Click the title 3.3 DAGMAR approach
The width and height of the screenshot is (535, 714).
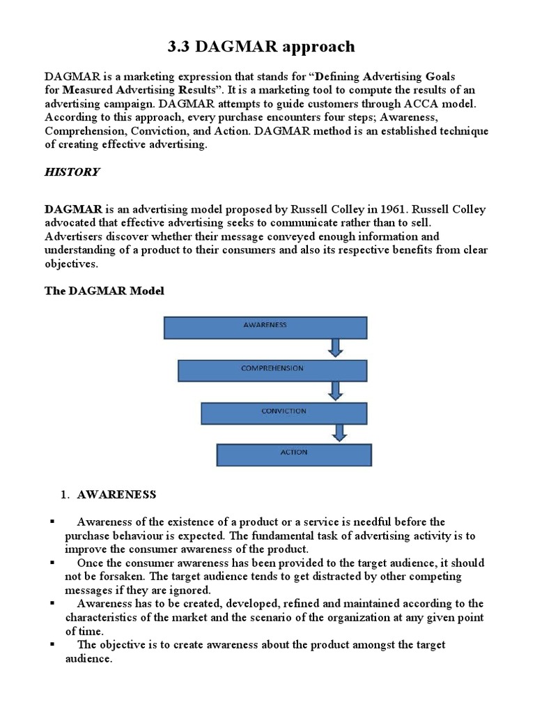click(x=261, y=47)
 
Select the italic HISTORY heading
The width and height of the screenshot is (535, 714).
click(x=72, y=172)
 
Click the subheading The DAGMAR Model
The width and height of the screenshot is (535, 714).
click(x=104, y=291)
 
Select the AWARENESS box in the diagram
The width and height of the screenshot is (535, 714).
click(x=265, y=327)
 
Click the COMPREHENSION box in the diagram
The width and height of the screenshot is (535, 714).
click(x=272, y=370)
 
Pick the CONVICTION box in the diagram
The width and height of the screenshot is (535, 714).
click(x=284, y=412)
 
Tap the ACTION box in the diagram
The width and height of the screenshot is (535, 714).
click(x=294, y=454)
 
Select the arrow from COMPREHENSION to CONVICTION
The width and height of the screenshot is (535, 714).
click(x=336, y=390)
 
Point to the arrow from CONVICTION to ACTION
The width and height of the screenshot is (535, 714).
click(x=339, y=433)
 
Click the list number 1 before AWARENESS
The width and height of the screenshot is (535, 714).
click(x=64, y=494)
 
